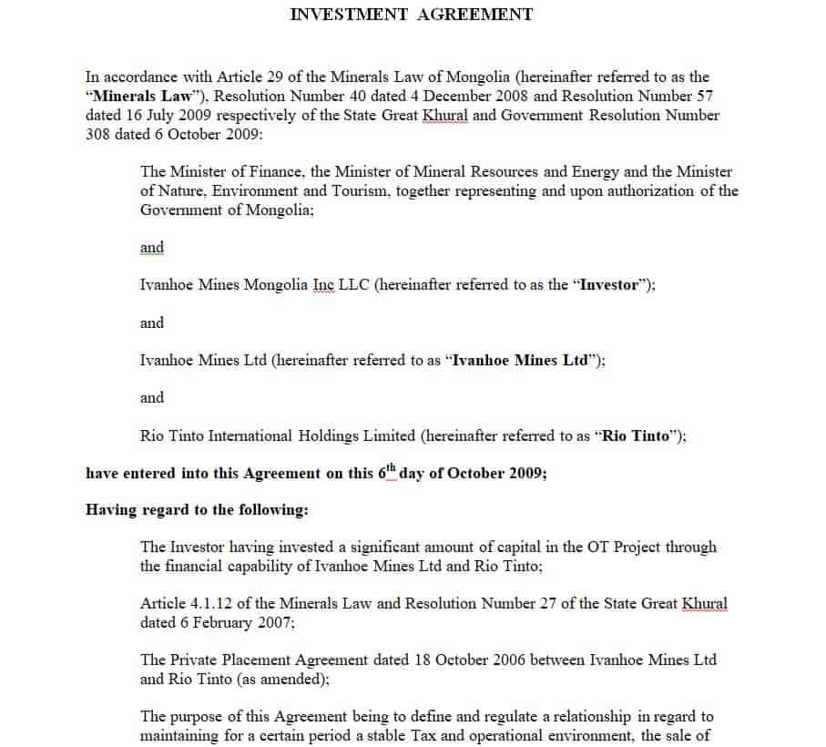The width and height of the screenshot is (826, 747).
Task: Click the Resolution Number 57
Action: (704, 97)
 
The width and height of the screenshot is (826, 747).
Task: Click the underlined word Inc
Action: (323, 284)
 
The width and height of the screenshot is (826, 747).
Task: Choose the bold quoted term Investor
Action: (607, 284)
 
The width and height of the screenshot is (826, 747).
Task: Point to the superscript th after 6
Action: (392, 469)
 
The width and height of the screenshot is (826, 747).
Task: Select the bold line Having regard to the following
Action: (197, 510)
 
